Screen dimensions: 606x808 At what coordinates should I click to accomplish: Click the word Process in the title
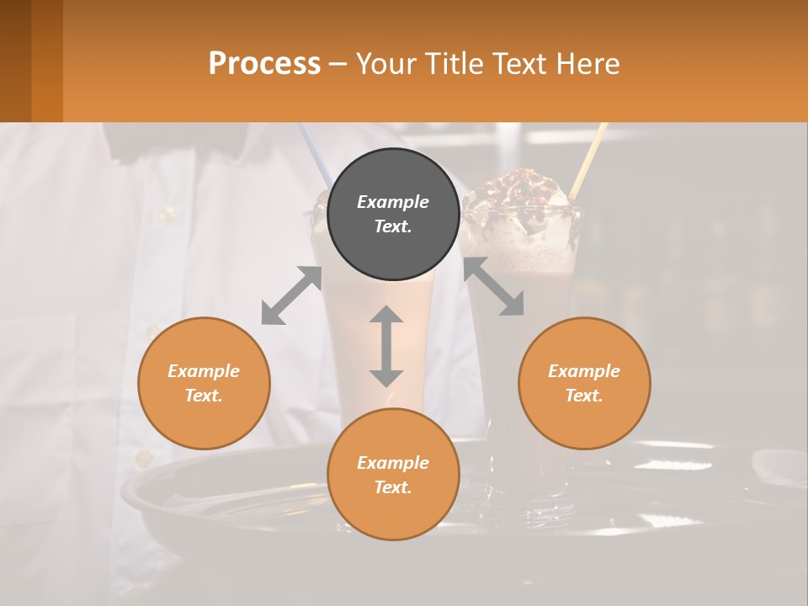264,64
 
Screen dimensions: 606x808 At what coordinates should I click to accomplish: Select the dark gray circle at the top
393,214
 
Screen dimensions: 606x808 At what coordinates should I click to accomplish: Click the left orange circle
204,383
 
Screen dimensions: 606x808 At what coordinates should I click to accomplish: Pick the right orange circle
584,383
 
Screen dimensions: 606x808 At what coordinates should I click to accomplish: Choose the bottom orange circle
393,475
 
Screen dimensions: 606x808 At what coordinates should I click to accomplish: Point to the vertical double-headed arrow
386,346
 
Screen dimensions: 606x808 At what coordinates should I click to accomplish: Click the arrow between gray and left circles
291,295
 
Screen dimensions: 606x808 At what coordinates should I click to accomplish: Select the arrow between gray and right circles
493,287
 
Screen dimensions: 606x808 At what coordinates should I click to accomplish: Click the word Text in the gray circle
393,226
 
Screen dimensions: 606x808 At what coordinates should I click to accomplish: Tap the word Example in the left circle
204,371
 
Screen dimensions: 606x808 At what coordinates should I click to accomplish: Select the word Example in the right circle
584,371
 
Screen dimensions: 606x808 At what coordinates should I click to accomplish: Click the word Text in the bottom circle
393,487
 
